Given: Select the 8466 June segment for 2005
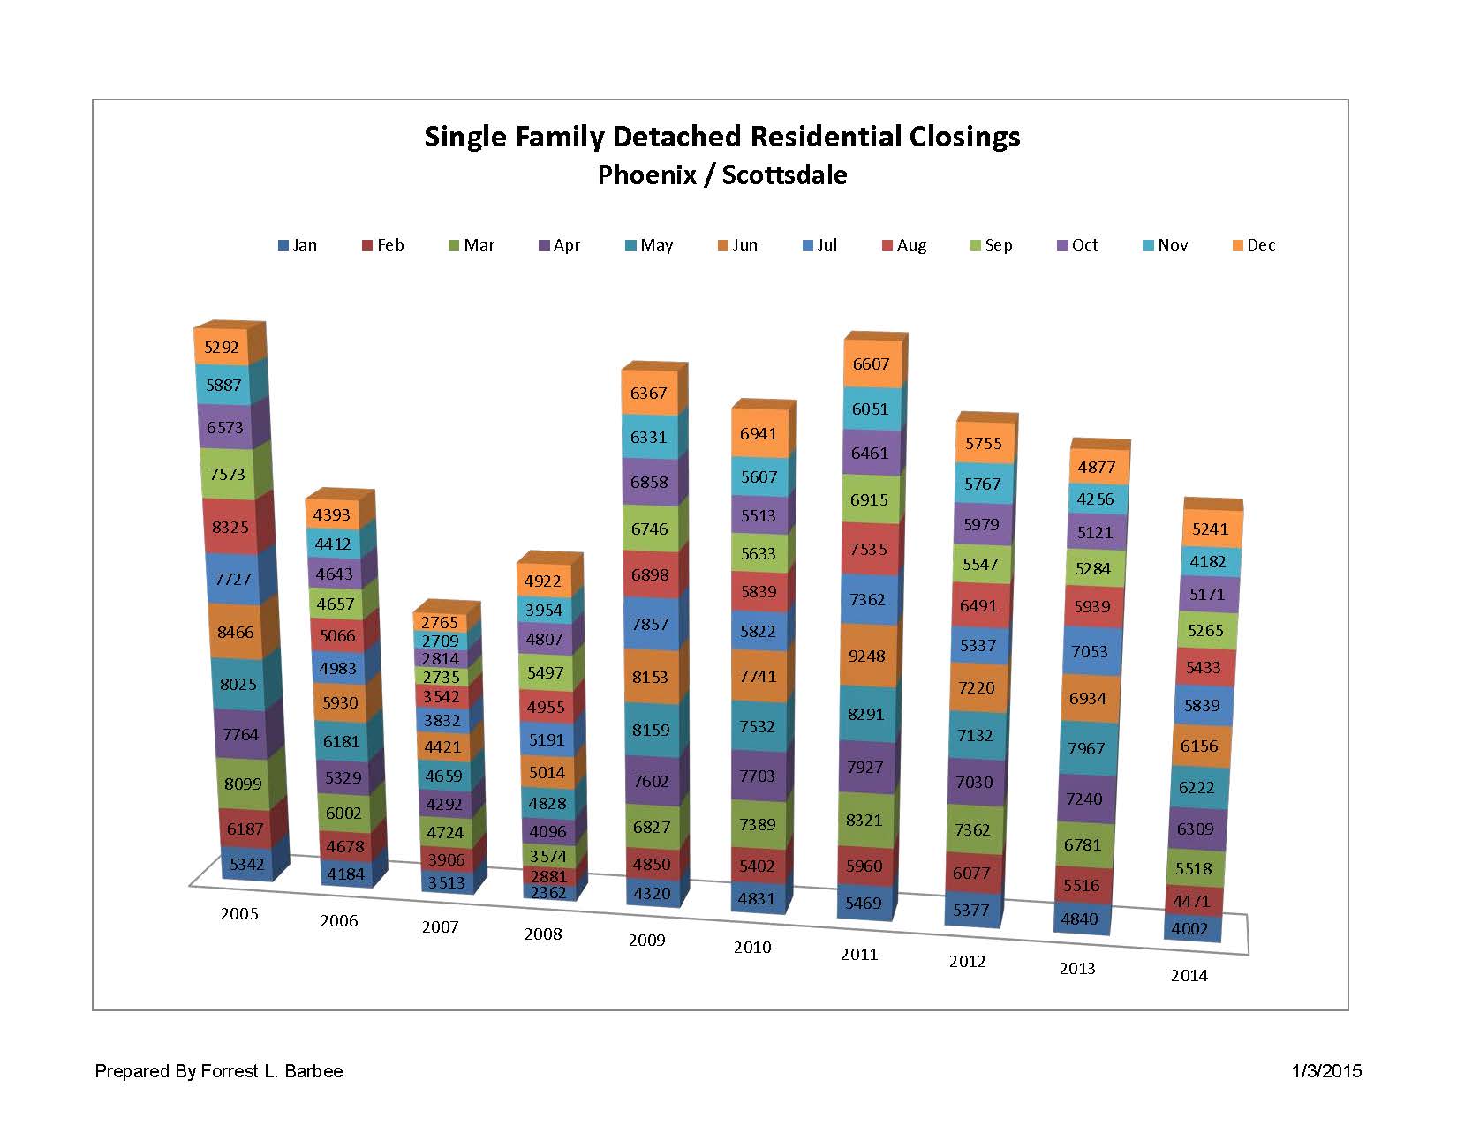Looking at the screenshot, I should (x=235, y=632).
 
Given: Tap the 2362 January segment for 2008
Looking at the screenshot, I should (x=545, y=891).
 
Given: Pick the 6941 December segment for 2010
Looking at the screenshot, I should (x=759, y=433).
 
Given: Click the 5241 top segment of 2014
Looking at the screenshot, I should (x=1209, y=529).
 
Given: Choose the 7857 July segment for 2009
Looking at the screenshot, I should (x=650, y=624).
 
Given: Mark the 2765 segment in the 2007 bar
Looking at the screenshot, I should (x=439, y=622).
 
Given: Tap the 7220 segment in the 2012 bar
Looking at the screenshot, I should (x=978, y=687).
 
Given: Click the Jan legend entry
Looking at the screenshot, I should (x=298, y=245).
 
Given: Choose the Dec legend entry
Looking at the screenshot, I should (x=1254, y=245).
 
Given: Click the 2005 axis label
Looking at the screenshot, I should (x=239, y=913).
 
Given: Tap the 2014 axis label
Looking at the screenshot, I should (x=1189, y=975).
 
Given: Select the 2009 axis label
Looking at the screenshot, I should (x=646, y=940).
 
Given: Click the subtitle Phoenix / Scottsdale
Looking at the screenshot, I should (x=722, y=175).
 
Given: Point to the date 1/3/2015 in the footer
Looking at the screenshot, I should (x=1326, y=1071).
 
